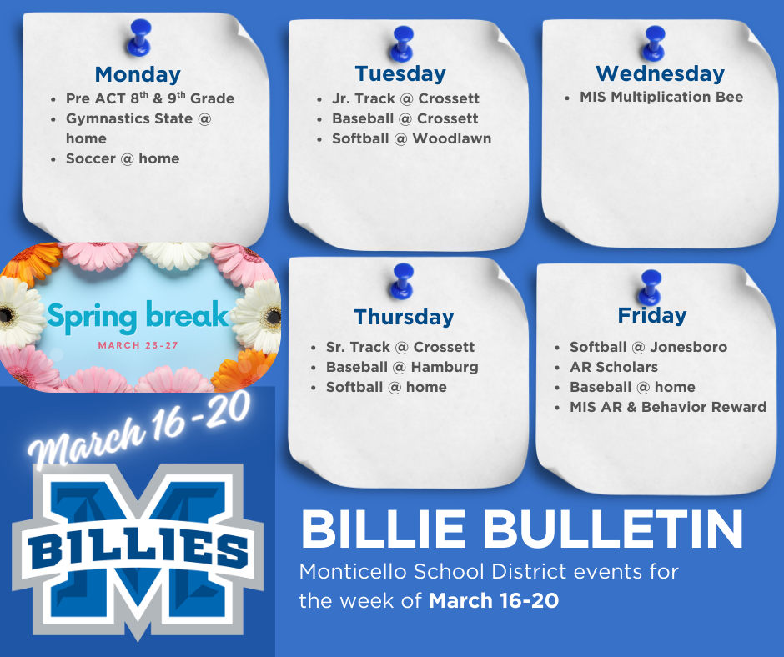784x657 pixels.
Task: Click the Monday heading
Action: [x=138, y=73]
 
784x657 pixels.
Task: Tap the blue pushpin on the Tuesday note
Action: [x=403, y=42]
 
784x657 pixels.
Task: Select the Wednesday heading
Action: [x=660, y=73]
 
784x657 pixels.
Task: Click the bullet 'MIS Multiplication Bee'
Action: [x=661, y=97]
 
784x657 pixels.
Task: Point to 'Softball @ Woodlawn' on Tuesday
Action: [x=411, y=138]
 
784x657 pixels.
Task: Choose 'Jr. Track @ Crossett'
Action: [x=405, y=98]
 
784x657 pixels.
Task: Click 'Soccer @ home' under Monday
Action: [x=123, y=158]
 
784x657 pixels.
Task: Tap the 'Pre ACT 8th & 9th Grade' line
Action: [x=150, y=98]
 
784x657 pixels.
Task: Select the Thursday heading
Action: [x=404, y=317]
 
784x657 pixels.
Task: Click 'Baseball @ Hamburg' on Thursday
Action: [x=402, y=367]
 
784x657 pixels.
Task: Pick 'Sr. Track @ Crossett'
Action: [x=400, y=347]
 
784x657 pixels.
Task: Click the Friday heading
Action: [x=652, y=315]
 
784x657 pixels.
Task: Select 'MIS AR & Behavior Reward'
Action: [x=668, y=407]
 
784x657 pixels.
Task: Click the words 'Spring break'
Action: [x=138, y=315]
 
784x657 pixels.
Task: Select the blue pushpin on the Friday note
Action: [x=649, y=286]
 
